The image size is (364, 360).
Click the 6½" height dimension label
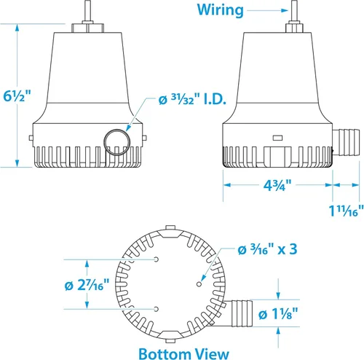pos(17,96)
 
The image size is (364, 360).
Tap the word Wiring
pos(220,10)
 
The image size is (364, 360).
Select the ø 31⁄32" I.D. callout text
pos(192,99)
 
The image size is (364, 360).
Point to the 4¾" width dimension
pos(277,185)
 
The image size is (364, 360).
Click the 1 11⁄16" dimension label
pos(347,211)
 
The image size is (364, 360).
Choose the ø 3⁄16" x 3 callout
pos(267,249)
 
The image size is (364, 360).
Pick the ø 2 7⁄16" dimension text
pos(87,285)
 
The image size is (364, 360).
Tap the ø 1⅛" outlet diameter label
pos(278,314)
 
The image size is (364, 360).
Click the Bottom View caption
pos(183,353)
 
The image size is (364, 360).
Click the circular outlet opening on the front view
pos(117,142)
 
